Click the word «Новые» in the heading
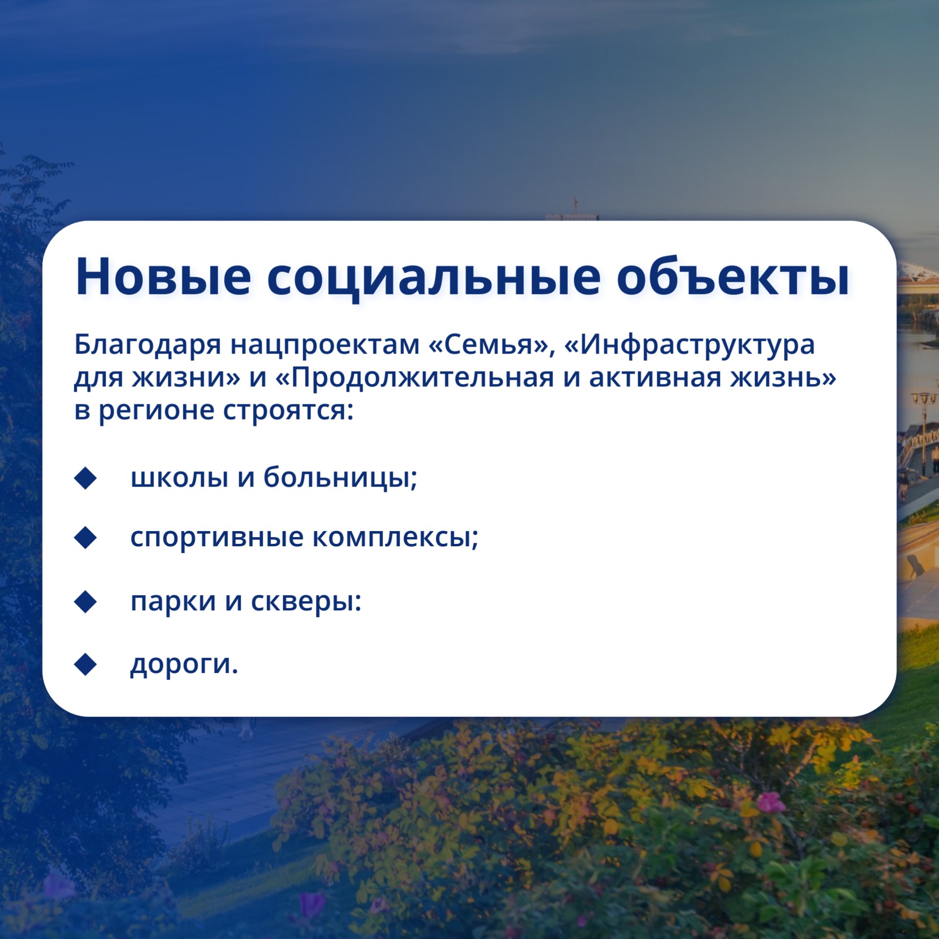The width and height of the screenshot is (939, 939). click(163, 277)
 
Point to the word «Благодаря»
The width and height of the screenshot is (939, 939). click(148, 345)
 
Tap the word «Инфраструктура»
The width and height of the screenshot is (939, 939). click(690, 345)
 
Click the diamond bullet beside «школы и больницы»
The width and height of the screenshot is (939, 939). click(86, 478)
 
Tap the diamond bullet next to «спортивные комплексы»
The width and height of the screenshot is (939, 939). click(86, 537)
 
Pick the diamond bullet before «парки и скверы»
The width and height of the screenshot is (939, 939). click(86, 602)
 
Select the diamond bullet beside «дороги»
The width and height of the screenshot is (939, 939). click(86, 664)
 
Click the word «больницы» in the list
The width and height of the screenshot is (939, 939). click(341, 477)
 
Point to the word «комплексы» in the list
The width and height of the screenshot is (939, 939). click(396, 537)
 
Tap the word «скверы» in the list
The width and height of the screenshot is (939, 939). click(306, 602)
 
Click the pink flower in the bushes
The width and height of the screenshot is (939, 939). click(771, 803)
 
